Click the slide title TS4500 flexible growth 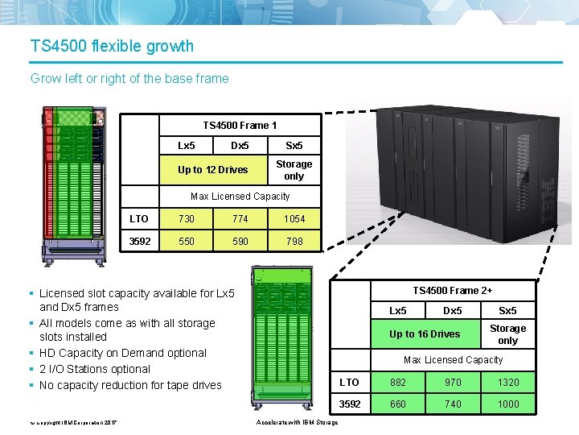point(112,45)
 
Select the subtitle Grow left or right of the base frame point(129,78)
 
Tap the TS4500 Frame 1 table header point(240,125)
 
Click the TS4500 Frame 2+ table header point(453,290)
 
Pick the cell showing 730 point(186,218)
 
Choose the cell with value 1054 point(294,218)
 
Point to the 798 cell point(294,241)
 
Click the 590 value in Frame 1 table point(240,241)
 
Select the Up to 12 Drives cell point(213,169)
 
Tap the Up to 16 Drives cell point(425,333)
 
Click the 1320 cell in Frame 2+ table point(507,382)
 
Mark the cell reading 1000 point(507,404)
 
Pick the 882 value point(397,382)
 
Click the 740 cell point(453,404)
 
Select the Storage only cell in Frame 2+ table point(507,333)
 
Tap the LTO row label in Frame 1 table point(139,218)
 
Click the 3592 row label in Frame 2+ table point(350,404)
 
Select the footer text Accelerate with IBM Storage point(297,423)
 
